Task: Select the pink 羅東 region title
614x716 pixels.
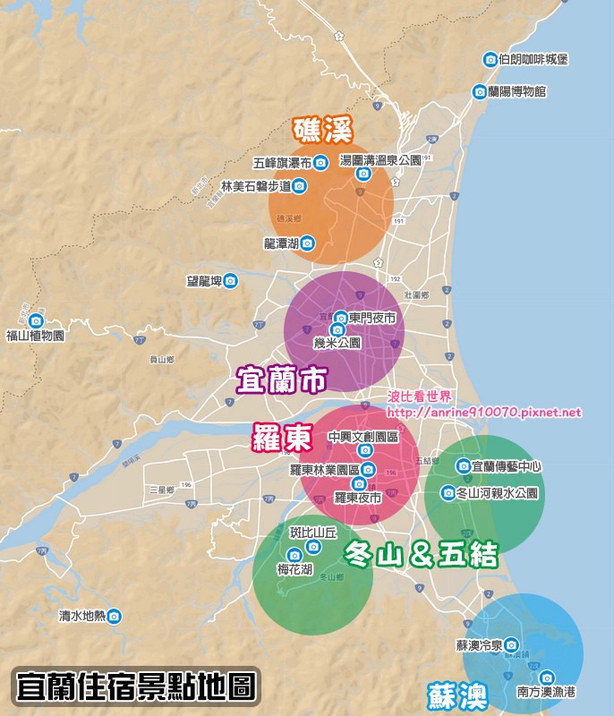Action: click(x=281, y=438)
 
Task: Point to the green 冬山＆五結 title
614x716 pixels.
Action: click(x=420, y=556)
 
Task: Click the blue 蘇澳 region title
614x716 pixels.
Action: click(x=456, y=695)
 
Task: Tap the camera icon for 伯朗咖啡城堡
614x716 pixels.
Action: click(x=490, y=60)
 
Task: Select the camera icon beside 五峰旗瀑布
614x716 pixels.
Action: click(x=320, y=163)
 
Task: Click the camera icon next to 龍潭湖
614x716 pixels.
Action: click(x=307, y=243)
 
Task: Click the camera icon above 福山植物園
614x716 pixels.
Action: click(x=36, y=320)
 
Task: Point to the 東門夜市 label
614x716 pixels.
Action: click(x=371, y=318)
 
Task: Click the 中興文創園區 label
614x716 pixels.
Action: click(x=362, y=436)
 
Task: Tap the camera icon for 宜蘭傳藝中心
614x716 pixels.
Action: click(x=463, y=465)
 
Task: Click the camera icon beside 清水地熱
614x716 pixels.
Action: click(x=115, y=616)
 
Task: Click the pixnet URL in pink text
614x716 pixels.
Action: click(x=484, y=413)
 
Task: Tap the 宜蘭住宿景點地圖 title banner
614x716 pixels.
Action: click(x=135, y=687)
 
